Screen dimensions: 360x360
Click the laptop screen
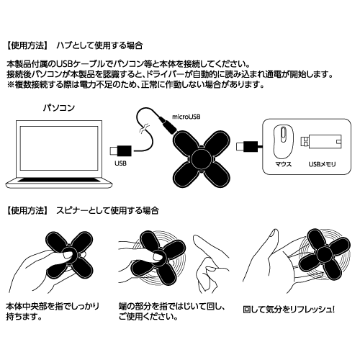(x=59, y=148)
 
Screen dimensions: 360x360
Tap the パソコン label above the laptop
(x=59, y=108)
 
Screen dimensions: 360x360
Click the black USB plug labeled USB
(x=121, y=150)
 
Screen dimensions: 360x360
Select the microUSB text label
(x=186, y=117)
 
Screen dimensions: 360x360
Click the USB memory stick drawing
(x=321, y=142)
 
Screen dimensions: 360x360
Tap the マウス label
(x=284, y=164)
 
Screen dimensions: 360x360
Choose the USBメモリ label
(x=322, y=164)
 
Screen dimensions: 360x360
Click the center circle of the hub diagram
(x=202, y=158)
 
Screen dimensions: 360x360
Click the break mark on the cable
(x=145, y=128)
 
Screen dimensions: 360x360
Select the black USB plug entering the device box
(x=247, y=146)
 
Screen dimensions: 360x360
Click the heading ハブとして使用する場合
(x=99, y=45)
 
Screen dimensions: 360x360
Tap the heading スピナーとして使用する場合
(x=107, y=211)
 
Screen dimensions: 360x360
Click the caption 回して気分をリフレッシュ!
(x=289, y=310)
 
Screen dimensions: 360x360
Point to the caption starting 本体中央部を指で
(x=53, y=312)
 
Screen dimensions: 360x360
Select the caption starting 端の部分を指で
(x=171, y=312)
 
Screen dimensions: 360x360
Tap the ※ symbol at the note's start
(x=11, y=85)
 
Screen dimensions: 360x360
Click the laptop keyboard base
(x=59, y=182)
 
